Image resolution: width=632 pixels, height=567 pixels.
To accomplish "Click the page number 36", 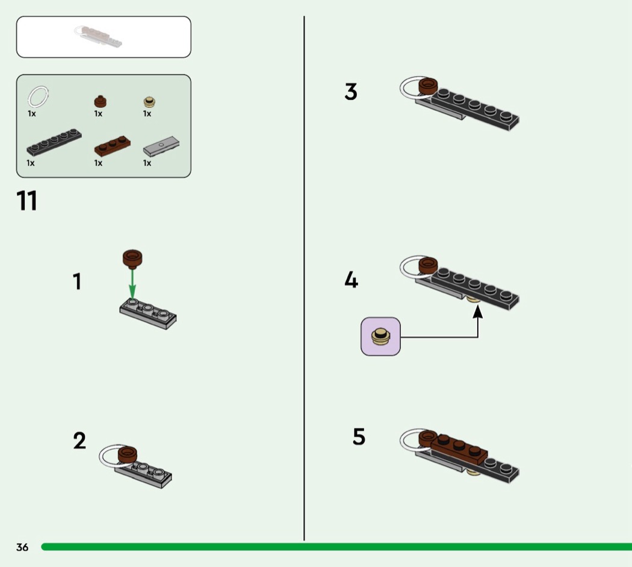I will [22, 547].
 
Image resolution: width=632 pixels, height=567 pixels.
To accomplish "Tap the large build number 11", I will [27, 201].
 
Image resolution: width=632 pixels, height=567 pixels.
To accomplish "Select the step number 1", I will [77, 282].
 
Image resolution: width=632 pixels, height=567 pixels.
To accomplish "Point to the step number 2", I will [79, 441].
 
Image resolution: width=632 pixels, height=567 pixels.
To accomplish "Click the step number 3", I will [351, 92].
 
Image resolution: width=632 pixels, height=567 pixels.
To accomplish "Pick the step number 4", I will [351, 280].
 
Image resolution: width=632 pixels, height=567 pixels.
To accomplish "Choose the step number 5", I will [359, 437].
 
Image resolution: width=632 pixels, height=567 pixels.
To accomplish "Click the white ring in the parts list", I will [38, 96].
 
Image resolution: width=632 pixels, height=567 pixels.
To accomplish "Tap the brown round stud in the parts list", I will [99, 101].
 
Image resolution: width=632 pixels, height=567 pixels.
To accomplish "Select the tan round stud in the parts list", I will [148, 102].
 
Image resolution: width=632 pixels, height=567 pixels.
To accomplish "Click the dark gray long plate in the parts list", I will [54, 142].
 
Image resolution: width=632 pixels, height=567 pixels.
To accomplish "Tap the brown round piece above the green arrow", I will [132, 258].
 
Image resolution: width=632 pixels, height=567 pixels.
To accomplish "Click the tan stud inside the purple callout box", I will [380, 336].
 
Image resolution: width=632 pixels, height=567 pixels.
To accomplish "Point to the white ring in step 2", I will [108, 458].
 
